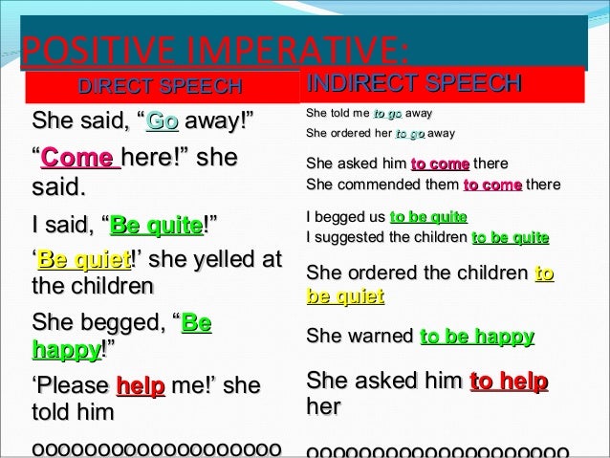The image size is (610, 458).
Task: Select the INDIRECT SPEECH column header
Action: point(412,84)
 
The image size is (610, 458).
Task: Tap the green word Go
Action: point(163,122)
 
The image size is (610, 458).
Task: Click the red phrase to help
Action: point(509,382)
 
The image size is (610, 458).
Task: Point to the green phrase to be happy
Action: point(477,337)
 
